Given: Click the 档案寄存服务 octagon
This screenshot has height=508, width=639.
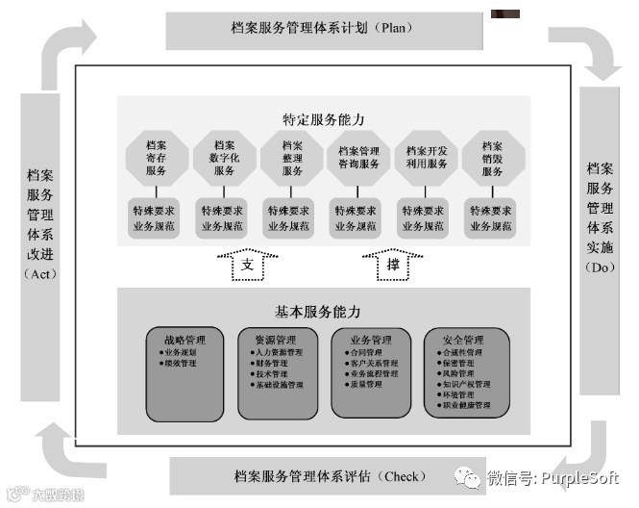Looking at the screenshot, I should point(157,158).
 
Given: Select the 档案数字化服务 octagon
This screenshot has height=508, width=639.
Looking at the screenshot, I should point(223,158).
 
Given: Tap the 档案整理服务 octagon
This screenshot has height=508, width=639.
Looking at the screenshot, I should point(292,158).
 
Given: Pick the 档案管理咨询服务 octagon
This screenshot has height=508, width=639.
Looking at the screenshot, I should point(359,158).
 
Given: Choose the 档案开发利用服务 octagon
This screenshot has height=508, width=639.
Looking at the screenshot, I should point(427,158).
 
